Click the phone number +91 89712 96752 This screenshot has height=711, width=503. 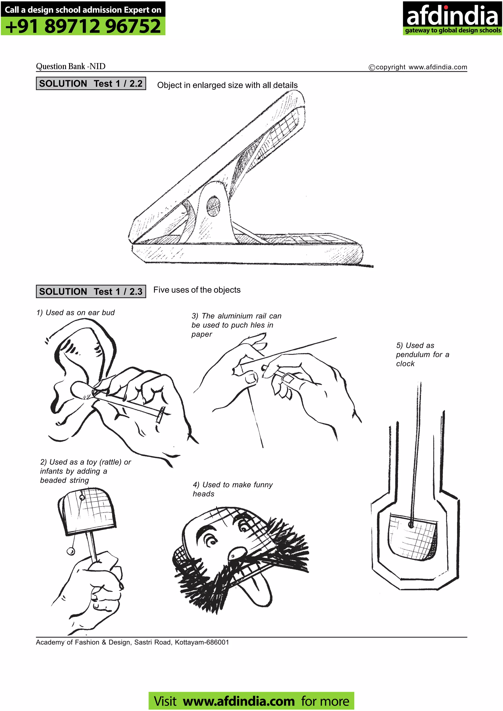pos(83,26)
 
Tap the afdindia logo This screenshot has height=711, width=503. pos(452,18)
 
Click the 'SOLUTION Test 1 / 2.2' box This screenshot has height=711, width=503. pos(91,84)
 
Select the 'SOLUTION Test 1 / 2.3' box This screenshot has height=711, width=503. pos(91,291)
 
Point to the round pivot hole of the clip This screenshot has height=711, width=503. pos(213,206)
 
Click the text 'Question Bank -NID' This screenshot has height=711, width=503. pos(71,66)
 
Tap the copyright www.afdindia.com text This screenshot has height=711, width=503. pos(418,67)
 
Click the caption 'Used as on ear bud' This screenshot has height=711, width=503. pos(76,313)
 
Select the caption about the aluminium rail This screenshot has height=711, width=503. pos(236,325)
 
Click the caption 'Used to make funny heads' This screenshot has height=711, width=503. pos(232,489)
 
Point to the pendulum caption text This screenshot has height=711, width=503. pos(422,354)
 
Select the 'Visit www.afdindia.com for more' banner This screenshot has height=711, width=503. pos(251,701)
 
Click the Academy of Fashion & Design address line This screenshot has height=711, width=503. pos(132,642)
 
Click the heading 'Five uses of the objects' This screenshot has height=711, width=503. pos(197,290)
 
